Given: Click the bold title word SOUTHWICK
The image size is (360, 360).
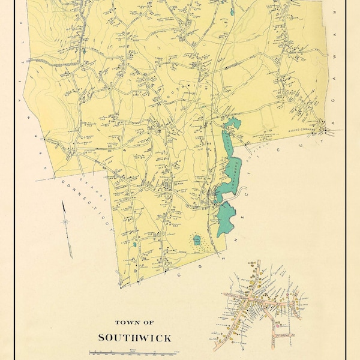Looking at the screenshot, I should click(134, 338).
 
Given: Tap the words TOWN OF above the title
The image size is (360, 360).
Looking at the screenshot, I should click(134, 322).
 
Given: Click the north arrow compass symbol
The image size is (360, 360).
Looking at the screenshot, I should click(65, 221).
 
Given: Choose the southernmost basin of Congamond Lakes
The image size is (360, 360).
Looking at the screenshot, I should click(225, 219).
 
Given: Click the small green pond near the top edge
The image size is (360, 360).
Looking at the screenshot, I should click(232, 11).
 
